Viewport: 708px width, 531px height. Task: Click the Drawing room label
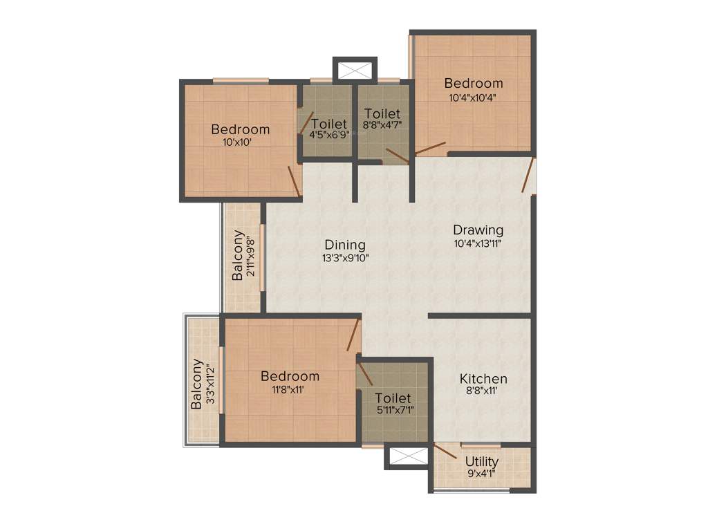coord(478,230)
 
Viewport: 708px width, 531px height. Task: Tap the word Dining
coord(345,245)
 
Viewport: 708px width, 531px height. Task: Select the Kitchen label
coord(483,379)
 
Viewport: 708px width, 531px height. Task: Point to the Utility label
coord(482,462)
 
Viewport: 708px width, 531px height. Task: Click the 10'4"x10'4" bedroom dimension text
coord(474,97)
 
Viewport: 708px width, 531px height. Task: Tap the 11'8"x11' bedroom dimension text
coord(290,389)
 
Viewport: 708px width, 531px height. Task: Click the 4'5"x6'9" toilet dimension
coord(328,135)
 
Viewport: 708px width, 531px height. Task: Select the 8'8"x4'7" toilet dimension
coord(382,125)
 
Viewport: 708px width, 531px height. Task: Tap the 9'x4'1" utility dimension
coord(482,474)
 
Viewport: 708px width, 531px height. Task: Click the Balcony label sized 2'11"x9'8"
coord(238,255)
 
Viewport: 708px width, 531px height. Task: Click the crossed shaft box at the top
coord(355,71)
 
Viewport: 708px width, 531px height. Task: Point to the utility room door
coord(445,450)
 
